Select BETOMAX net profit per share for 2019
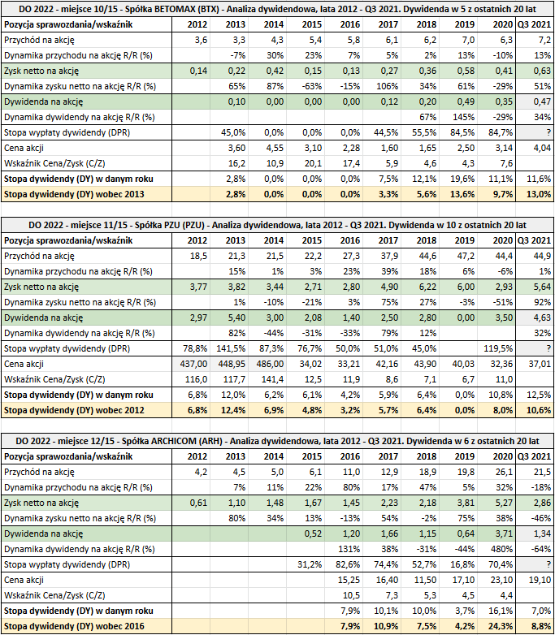pos(465,71)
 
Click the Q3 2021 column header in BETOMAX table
pos(535,24)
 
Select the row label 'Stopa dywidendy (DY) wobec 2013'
pos(74,194)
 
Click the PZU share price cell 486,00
pos(270,364)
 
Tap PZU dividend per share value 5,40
pos(236,317)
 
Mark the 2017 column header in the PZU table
pos(388,240)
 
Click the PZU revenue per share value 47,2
pos(466,256)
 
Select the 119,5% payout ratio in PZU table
pos(498,348)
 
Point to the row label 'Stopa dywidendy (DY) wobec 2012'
pos(74,410)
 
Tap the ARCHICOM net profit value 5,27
pos(503,503)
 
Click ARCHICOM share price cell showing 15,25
pos(349,580)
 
